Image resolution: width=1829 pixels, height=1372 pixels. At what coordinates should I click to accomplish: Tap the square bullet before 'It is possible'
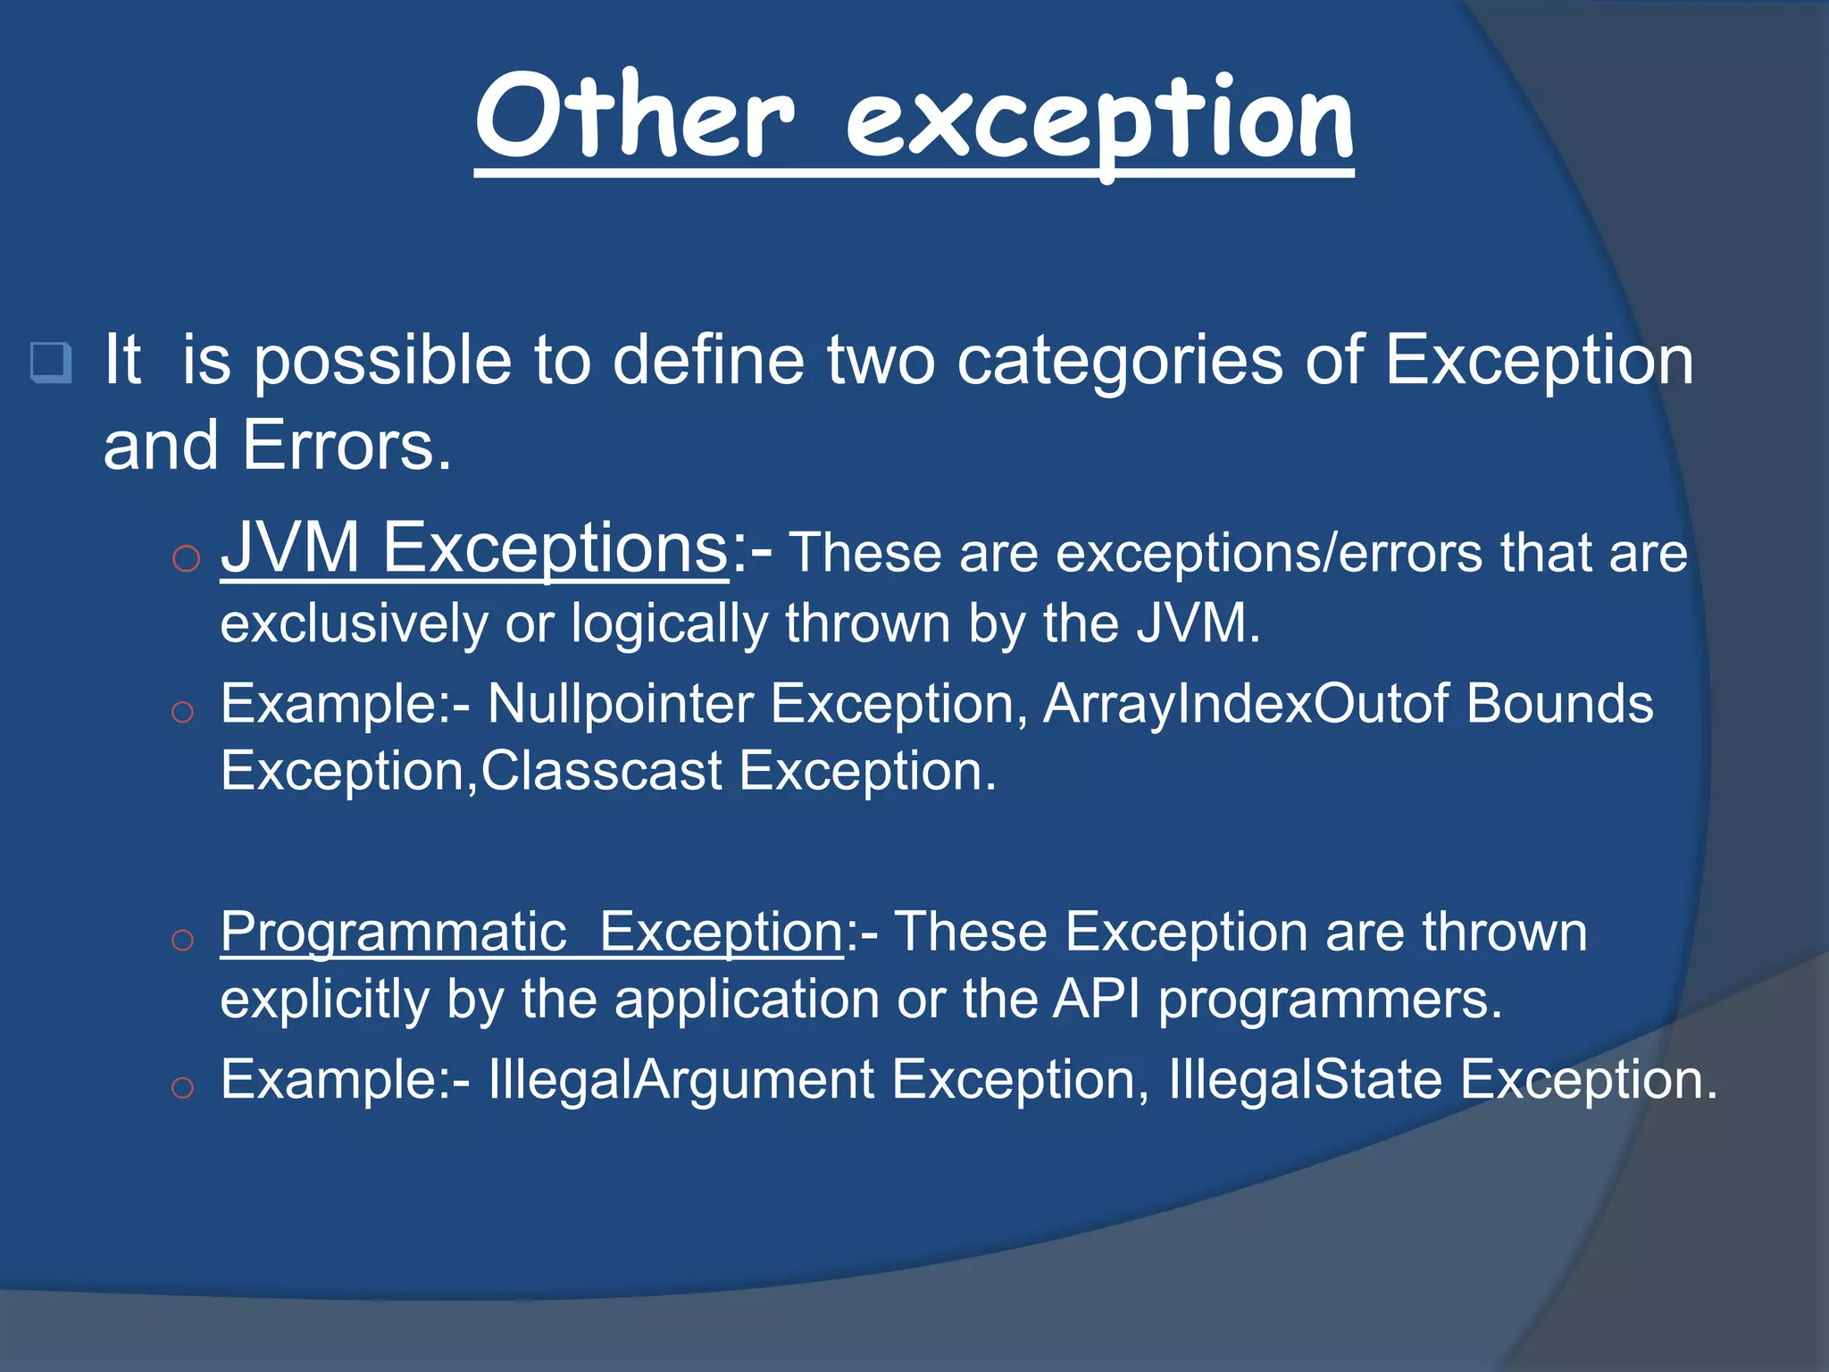point(51,362)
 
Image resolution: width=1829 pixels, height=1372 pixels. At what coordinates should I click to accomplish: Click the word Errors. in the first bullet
point(347,445)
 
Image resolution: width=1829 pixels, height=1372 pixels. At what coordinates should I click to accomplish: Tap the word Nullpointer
point(620,704)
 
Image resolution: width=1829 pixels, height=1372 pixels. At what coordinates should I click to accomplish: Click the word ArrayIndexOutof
point(1245,704)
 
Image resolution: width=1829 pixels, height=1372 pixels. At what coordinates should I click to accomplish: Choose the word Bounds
point(1559,704)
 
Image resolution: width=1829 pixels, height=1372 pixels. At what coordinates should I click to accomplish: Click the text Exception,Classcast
point(471,771)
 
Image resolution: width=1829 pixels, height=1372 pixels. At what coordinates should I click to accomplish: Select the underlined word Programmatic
point(393,933)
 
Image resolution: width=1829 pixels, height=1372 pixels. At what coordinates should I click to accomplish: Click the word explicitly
point(325,1000)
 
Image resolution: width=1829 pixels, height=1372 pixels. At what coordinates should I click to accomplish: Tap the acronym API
point(1097,1000)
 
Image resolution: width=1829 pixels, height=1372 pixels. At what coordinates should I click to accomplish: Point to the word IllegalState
point(1305,1080)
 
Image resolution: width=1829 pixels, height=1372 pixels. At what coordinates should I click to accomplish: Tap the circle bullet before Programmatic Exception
point(182,940)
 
